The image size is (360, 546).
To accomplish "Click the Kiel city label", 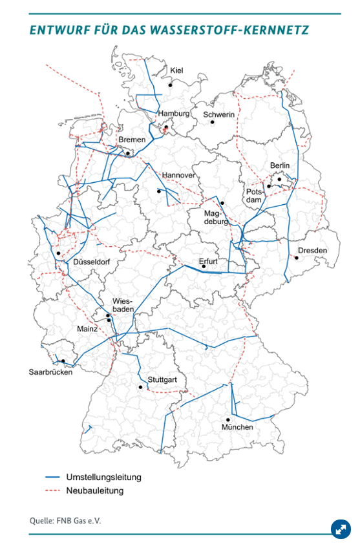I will pos(177,70).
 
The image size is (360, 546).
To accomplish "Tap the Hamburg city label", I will pos(174,114).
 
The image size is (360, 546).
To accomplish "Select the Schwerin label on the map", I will pos(218,115).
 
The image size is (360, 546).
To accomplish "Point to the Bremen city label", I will pos(131,140).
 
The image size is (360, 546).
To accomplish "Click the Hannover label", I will pos(178,175).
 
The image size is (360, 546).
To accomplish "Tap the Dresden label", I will pos(313,251).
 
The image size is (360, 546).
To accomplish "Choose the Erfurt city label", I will pos(208,262).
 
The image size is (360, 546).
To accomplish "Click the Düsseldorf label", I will pos(92,262).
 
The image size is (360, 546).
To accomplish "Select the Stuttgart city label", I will pos(162,379).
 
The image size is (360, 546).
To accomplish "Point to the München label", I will pos(237,428).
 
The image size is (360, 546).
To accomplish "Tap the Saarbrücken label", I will pos(51,372).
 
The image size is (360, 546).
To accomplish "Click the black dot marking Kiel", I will pos(171,84).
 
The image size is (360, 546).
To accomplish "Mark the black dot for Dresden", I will pos(297,257).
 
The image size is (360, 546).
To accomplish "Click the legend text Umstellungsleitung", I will pos(103,478).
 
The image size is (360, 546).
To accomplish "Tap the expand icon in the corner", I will pos(340,529).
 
